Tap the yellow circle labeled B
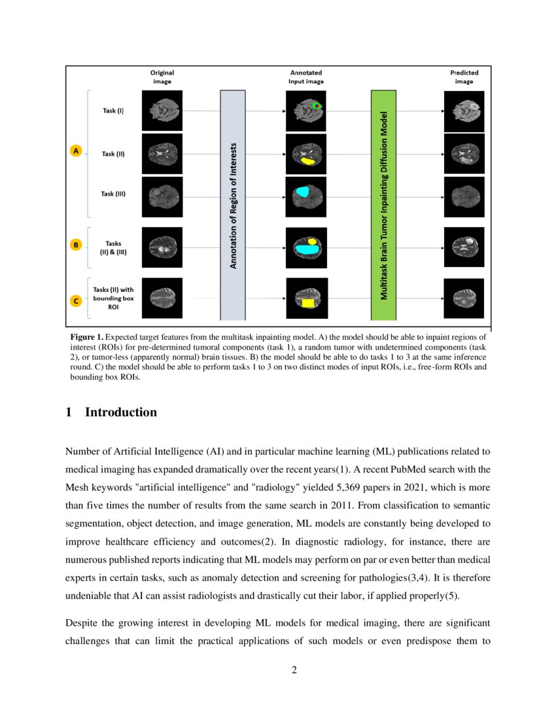[x=76, y=245]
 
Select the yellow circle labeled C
[x=76, y=301]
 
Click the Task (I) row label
[x=113, y=111]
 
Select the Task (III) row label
[x=113, y=194]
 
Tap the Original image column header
[x=162, y=77]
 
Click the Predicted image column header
[x=464, y=77]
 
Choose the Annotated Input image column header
[x=306, y=77]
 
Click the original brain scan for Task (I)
[x=162, y=111]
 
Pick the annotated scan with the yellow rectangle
[x=306, y=298]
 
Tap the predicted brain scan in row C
[x=464, y=298]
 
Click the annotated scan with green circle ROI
[x=306, y=111]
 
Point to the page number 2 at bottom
[x=294, y=670]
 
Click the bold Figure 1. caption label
[x=86, y=336]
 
